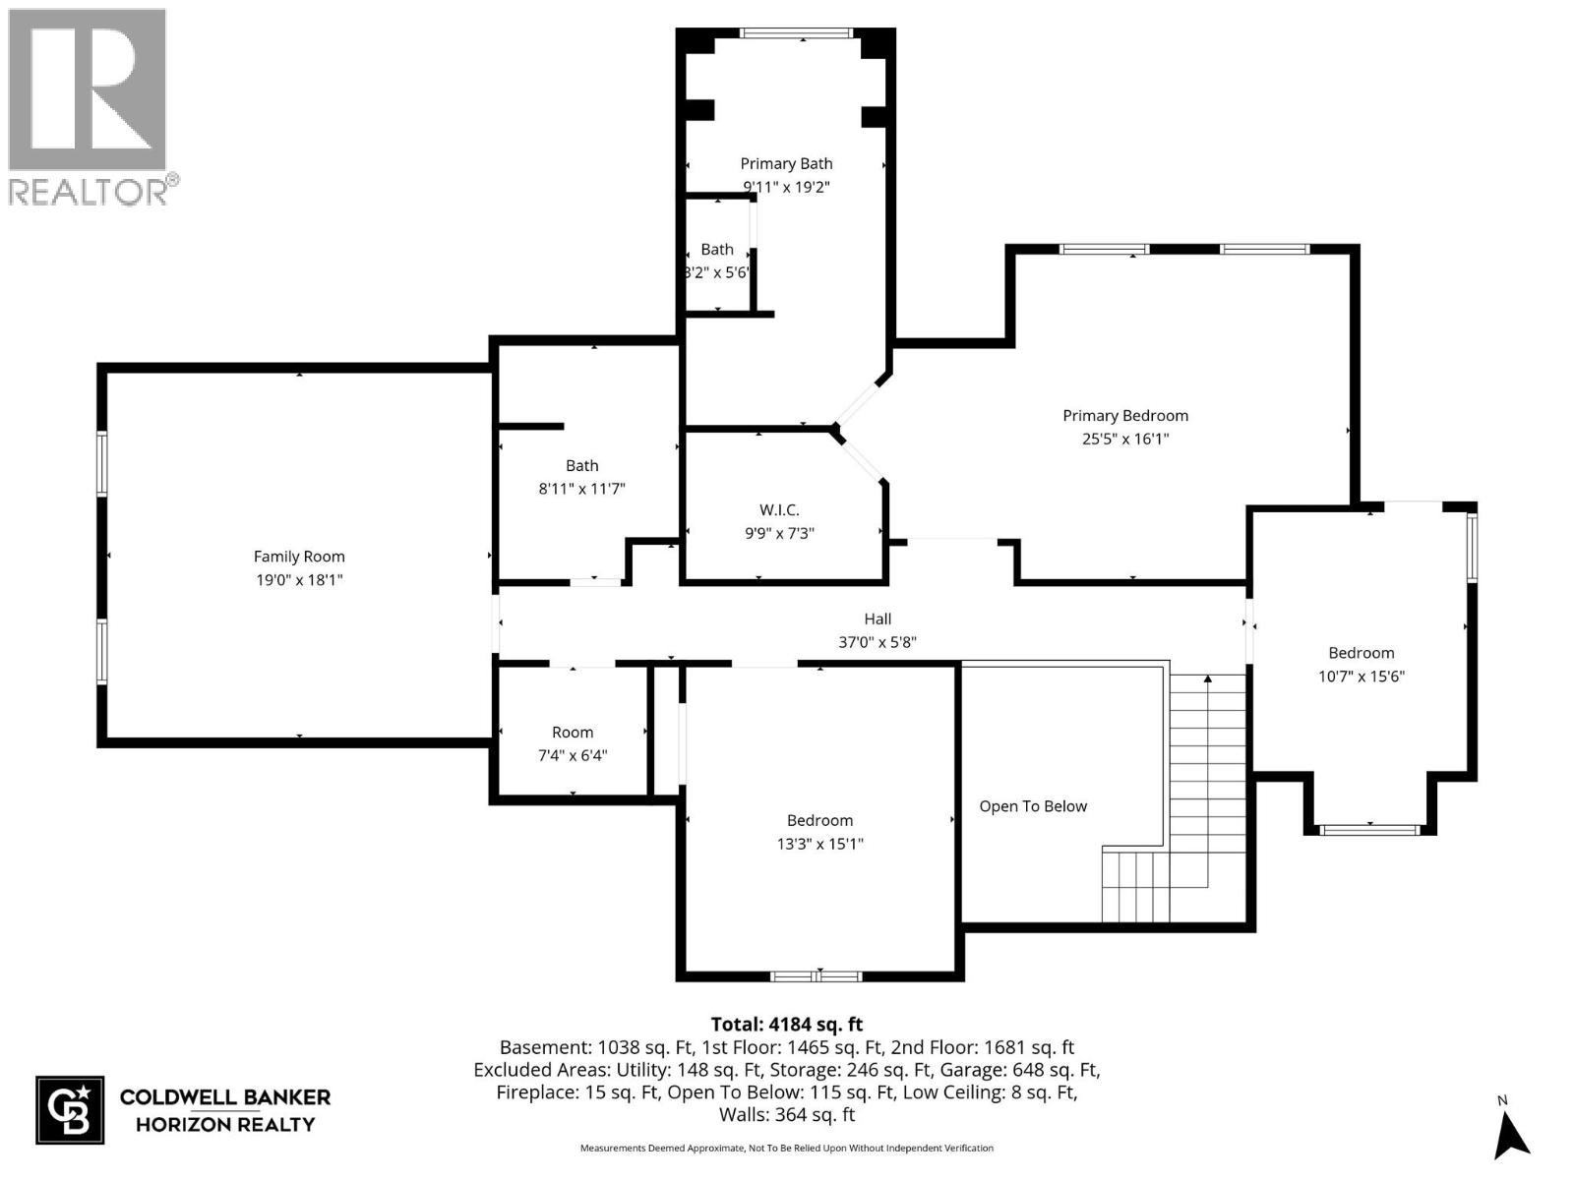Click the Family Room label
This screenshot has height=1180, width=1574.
pyautogui.click(x=299, y=557)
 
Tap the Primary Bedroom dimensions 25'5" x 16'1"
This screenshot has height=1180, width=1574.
pyautogui.click(x=1125, y=440)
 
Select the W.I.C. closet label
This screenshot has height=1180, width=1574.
pyautogui.click(x=779, y=509)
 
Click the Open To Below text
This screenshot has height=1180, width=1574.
pyautogui.click(x=1033, y=806)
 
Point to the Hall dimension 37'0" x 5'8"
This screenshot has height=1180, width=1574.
pyautogui.click(x=878, y=643)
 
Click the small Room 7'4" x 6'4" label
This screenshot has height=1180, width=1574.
pyautogui.click(x=573, y=733)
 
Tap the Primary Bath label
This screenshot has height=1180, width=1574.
pyautogui.click(x=786, y=164)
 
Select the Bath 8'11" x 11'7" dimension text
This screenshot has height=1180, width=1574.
pyautogui.click(x=581, y=489)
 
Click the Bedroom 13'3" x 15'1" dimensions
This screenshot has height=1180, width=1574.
pyautogui.click(x=819, y=844)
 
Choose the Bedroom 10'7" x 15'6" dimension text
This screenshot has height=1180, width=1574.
pyautogui.click(x=1362, y=677)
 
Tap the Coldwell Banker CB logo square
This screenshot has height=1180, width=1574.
pyautogui.click(x=70, y=1110)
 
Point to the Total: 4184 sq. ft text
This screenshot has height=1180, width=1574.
pyautogui.click(x=787, y=1025)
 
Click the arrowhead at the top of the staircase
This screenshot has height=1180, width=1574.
pyautogui.click(x=1208, y=678)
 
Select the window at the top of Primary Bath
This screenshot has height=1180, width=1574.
pyautogui.click(x=796, y=33)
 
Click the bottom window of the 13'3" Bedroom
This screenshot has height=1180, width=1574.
pyautogui.click(x=816, y=976)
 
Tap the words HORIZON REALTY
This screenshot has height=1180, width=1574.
pyautogui.click(x=225, y=1125)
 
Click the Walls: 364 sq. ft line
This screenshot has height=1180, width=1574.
pyautogui.click(x=787, y=1115)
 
